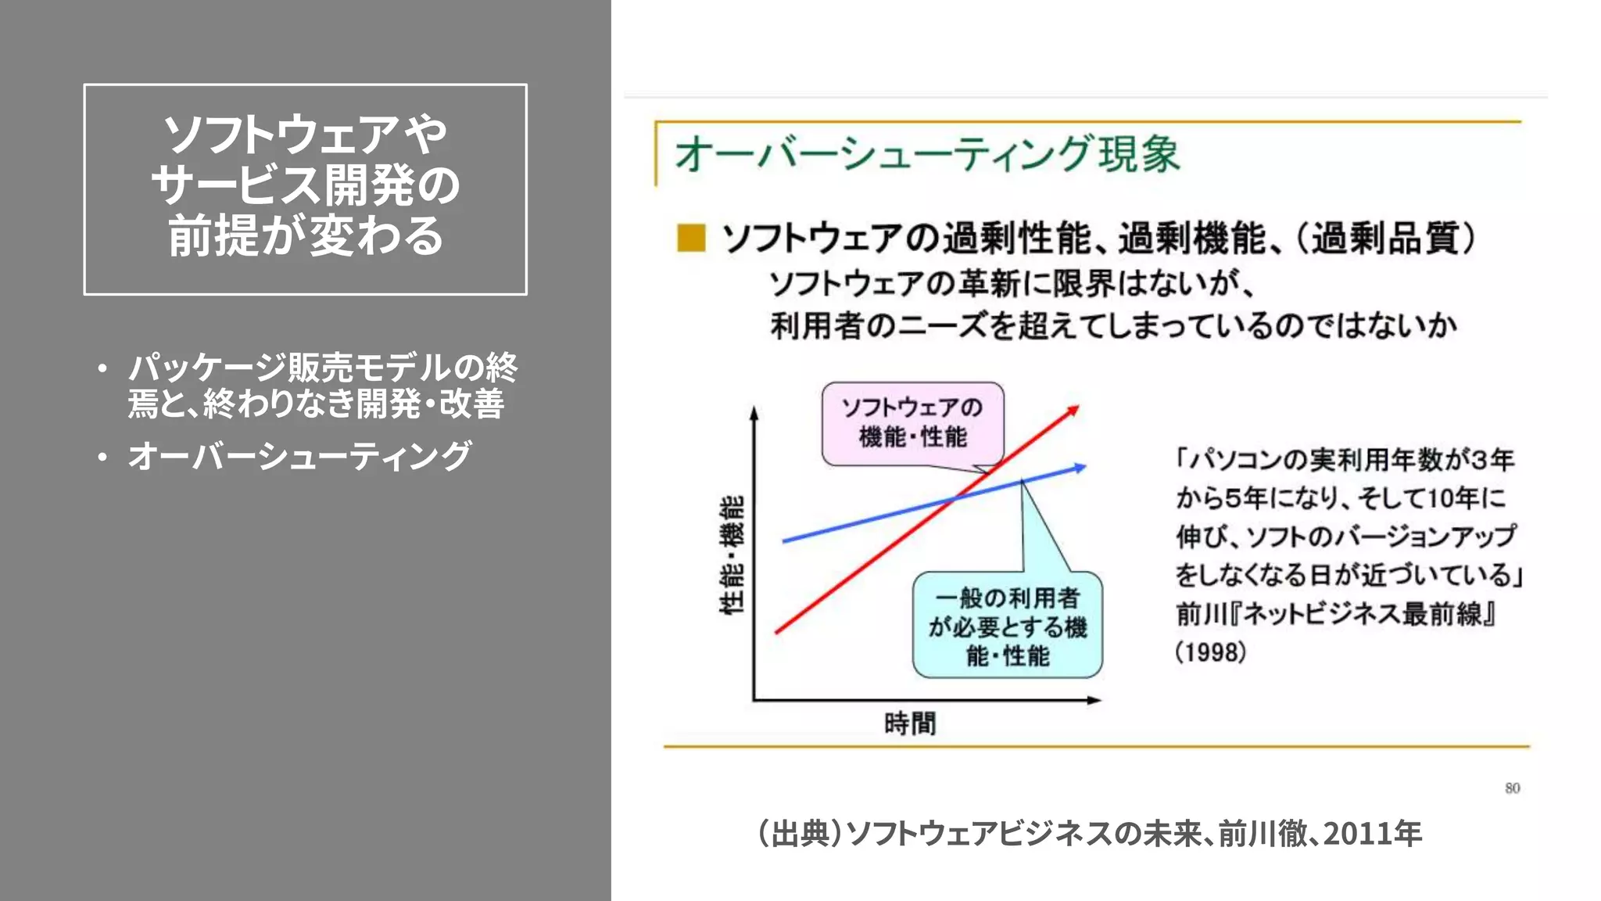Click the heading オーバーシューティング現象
[926, 154]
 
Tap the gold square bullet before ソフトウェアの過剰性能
[691, 238]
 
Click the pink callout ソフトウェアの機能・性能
[912, 422]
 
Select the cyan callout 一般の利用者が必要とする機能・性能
[1007, 626]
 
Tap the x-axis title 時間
[910, 723]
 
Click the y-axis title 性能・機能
[732, 555]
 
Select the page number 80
[1513, 788]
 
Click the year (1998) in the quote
[1211, 652]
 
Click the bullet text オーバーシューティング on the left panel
[300, 456]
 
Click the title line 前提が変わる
[305, 236]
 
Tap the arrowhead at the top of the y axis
[754, 412]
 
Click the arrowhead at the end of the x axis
[1095, 700]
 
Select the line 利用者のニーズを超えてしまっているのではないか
[1113, 325]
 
